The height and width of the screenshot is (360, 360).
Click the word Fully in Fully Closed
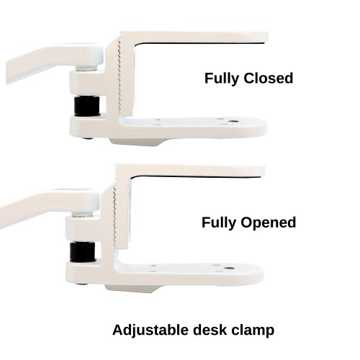[x=222, y=78]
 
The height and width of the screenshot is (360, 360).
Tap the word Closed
[x=269, y=78]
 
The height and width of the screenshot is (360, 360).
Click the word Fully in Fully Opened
[x=219, y=223]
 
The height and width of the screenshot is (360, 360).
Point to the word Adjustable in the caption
[x=150, y=330]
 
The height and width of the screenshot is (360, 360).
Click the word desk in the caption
[x=210, y=330]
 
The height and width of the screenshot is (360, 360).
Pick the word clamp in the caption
[x=253, y=330]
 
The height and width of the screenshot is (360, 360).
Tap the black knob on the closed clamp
[x=87, y=106]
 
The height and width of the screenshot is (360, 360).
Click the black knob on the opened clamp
[x=83, y=252]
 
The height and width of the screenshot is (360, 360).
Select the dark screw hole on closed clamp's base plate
[x=232, y=122]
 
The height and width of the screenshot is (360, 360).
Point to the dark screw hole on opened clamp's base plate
[x=228, y=268]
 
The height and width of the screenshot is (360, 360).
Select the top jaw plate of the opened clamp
[x=189, y=171]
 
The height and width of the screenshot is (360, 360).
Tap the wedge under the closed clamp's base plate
[x=137, y=142]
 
